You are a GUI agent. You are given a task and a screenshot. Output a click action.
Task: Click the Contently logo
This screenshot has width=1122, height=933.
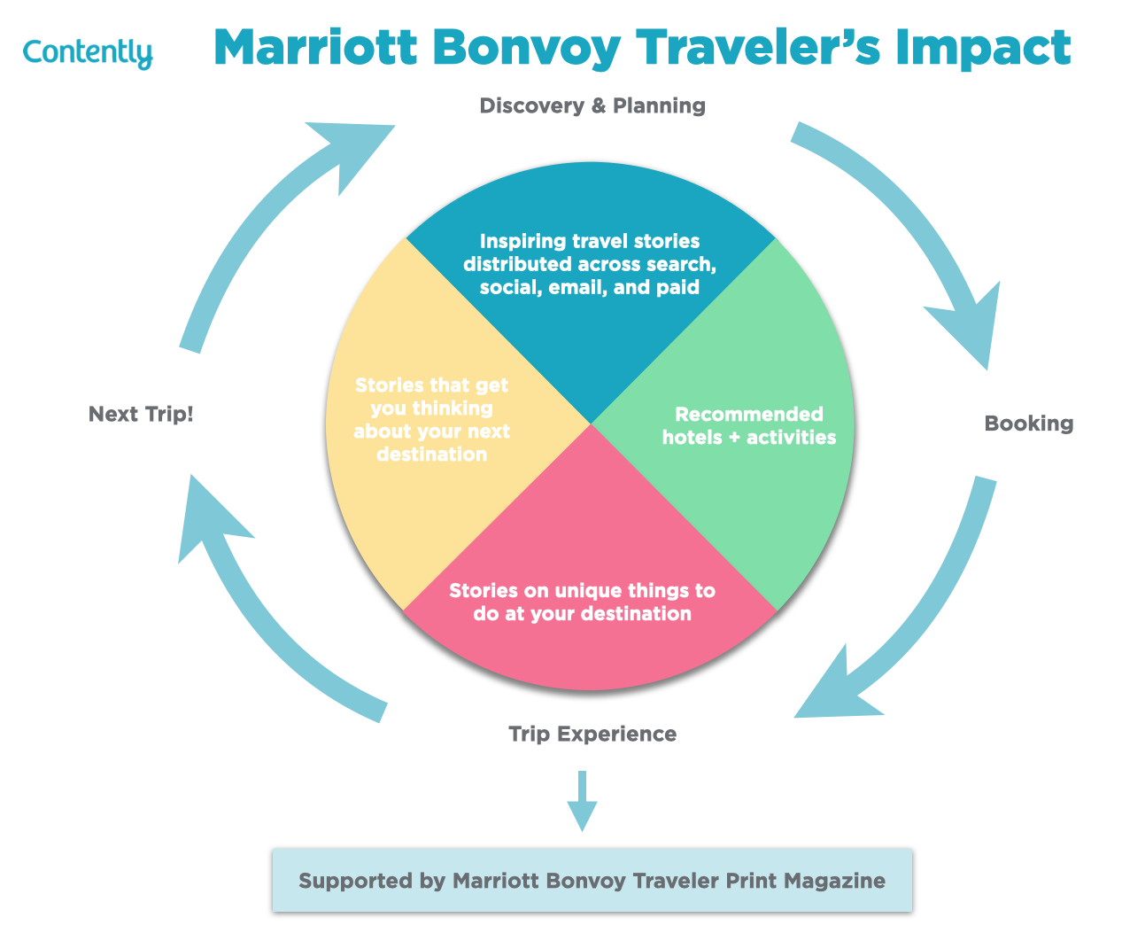[x=87, y=52]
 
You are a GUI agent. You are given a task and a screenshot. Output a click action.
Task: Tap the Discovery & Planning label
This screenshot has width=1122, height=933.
[x=592, y=106]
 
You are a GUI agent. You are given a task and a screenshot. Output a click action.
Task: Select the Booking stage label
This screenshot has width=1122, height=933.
[x=1028, y=424]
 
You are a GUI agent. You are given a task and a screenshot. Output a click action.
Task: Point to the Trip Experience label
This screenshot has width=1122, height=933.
[x=592, y=735]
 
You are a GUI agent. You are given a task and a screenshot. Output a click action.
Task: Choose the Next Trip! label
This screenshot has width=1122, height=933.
[x=141, y=414]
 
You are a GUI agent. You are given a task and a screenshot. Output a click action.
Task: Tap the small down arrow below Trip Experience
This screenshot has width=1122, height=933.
[x=582, y=801]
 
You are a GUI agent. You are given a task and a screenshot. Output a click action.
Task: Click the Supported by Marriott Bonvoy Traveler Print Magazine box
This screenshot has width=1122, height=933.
[x=592, y=881]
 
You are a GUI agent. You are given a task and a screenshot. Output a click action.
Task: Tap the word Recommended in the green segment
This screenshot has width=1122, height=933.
[x=749, y=415]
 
